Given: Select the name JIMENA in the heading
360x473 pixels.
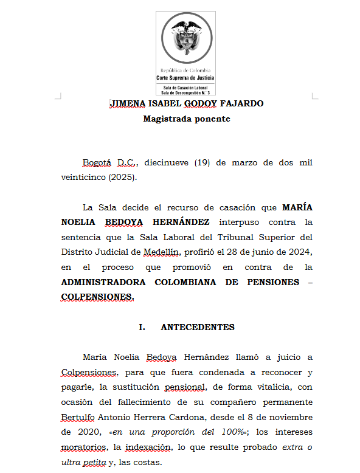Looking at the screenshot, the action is click(x=124, y=103).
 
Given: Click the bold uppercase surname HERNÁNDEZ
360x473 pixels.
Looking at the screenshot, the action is click(x=181, y=222).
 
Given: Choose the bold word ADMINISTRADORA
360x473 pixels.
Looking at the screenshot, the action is click(x=103, y=282).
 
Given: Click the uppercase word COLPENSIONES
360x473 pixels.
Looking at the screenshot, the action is click(x=97, y=297).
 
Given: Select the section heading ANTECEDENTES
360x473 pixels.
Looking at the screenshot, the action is click(x=197, y=327).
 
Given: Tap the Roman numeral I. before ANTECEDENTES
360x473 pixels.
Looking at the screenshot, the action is click(x=142, y=327).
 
